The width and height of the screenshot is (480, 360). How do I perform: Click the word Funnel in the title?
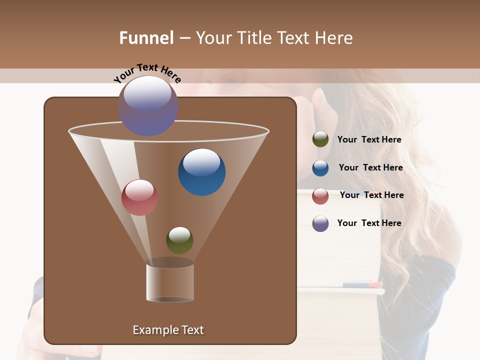[x=146, y=38]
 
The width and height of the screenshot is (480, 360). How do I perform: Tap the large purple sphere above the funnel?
[x=148, y=105]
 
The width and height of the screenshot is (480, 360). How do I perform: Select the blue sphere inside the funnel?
[x=201, y=172]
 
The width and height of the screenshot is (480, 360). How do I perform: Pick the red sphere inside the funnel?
[x=139, y=197]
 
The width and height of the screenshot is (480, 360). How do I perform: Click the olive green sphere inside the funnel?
[x=179, y=240]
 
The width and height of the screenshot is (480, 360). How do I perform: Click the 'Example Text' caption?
[x=168, y=330]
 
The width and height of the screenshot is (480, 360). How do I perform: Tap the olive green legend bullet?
[x=320, y=139]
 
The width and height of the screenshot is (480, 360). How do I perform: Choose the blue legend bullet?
[x=320, y=168]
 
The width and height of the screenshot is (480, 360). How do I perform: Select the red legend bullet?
[x=320, y=196]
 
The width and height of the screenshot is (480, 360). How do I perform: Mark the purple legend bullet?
[x=320, y=223]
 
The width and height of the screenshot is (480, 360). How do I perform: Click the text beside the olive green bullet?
[x=369, y=139]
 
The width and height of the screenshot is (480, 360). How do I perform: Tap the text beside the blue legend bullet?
[x=370, y=167]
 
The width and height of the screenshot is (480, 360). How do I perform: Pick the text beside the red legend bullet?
[x=371, y=195]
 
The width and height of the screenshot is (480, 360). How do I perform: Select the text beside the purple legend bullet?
[x=369, y=223]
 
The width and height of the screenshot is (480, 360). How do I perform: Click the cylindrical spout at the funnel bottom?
[x=170, y=282]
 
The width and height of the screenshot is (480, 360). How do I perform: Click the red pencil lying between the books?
[x=370, y=284]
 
